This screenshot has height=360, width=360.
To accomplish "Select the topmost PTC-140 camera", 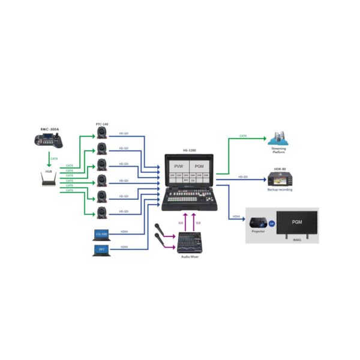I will coord(102,134).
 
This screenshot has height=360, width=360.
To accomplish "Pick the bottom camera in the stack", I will coord(102,212).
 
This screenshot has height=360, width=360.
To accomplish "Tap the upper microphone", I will coord(160,229).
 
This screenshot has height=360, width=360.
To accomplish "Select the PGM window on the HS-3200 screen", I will coord(200,166).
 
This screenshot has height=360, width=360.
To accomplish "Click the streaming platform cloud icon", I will coord(277,139).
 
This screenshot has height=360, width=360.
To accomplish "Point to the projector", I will coord(258,223).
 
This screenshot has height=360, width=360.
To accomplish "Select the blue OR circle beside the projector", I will coord(271,223).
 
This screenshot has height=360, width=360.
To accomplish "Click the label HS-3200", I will coord(190,151).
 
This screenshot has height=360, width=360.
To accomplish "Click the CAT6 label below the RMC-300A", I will coord(54,158).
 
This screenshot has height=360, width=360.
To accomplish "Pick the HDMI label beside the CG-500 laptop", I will coord(124,231).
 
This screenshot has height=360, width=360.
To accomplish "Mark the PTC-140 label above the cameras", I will coord(102,124).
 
